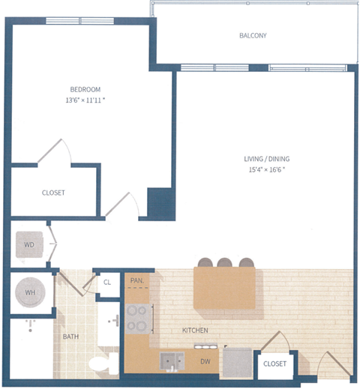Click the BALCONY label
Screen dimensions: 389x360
253,35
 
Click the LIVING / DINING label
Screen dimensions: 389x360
266,159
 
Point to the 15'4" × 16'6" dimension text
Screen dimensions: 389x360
266,169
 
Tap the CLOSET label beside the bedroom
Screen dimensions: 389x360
53,193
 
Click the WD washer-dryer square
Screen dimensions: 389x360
29,244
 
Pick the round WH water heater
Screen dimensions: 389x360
31,292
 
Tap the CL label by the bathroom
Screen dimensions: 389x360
107,283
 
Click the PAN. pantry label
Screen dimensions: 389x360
136,281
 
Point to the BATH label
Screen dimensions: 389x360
71,337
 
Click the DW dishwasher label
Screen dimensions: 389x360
205,361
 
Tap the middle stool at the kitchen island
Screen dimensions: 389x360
225,262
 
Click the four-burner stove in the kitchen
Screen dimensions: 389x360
138,318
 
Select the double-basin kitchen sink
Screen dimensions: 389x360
172,361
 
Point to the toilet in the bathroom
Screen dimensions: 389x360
100,364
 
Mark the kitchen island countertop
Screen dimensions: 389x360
224,288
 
